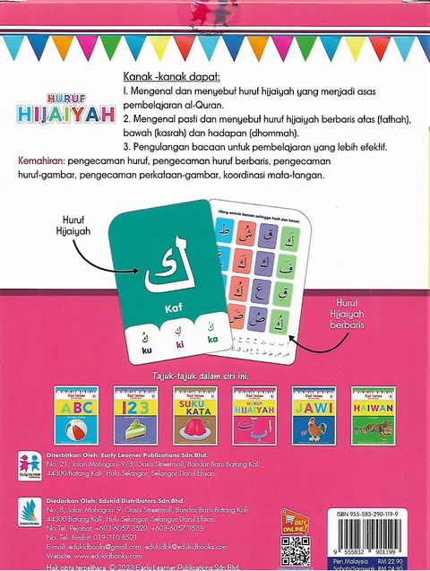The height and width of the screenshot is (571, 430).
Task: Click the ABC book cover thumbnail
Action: [77, 415]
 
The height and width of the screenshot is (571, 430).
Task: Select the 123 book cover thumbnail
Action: [136, 415]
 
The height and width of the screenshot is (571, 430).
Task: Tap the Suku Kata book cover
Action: [195, 415]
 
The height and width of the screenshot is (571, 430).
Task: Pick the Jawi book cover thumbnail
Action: [314, 415]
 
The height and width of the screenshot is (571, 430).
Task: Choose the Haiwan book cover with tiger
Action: [373, 415]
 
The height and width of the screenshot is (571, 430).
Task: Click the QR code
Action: [296, 553]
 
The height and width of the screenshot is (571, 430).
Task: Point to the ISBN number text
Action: [367, 514]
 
